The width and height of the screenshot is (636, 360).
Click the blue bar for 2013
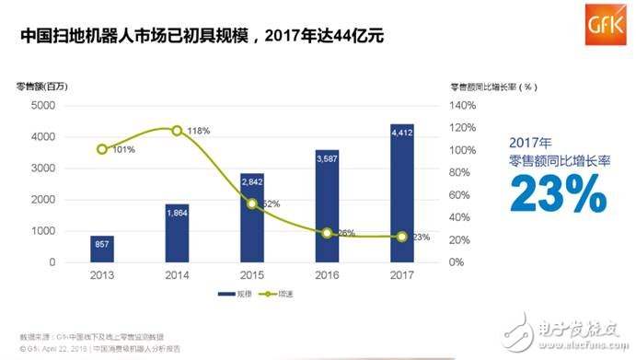pyautogui.click(x=102, y=249)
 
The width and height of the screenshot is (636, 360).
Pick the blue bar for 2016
pyautogui.click(x=327, y=206)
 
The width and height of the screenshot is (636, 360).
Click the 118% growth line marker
pyautogui.click(x=177, y=130)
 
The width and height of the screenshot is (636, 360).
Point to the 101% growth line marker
pyautogui.click(x=102, y=149)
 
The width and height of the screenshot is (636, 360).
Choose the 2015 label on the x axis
pyautogui.click(x=252, y=274)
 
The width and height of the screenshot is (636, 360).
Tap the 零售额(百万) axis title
pyautogui.click(x=42, y=87)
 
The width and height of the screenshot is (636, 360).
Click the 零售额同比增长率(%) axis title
pyautogui.click(x=493, y=87)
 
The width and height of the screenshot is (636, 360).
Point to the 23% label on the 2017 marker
pyautogui.click(x=421, y=238)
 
